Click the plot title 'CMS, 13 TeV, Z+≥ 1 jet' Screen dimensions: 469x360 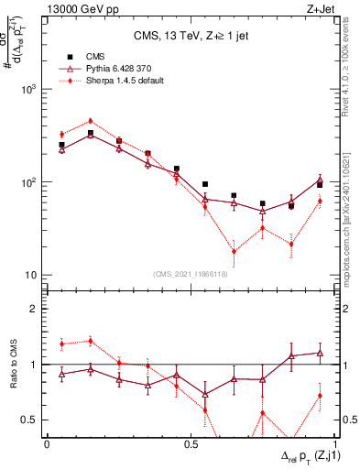(191, 37)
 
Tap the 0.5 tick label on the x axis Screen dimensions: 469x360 (191, 444)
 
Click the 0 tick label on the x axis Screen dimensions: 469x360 (47, 444)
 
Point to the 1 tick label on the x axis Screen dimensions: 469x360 (335, 444)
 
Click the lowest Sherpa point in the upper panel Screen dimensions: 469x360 (234, 251)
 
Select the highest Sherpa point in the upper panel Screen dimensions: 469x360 (90, 121)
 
